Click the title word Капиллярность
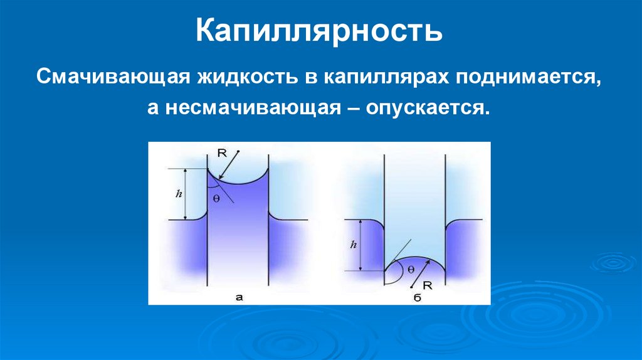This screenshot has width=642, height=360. pos(320,31)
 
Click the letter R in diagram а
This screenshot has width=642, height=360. pos(222,152)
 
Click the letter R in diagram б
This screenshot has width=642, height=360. pos(427,285)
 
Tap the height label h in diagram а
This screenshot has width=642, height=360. pos(179,194)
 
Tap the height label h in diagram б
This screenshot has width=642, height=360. pos(354,245)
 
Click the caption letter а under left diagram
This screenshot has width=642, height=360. pos(239,297)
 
